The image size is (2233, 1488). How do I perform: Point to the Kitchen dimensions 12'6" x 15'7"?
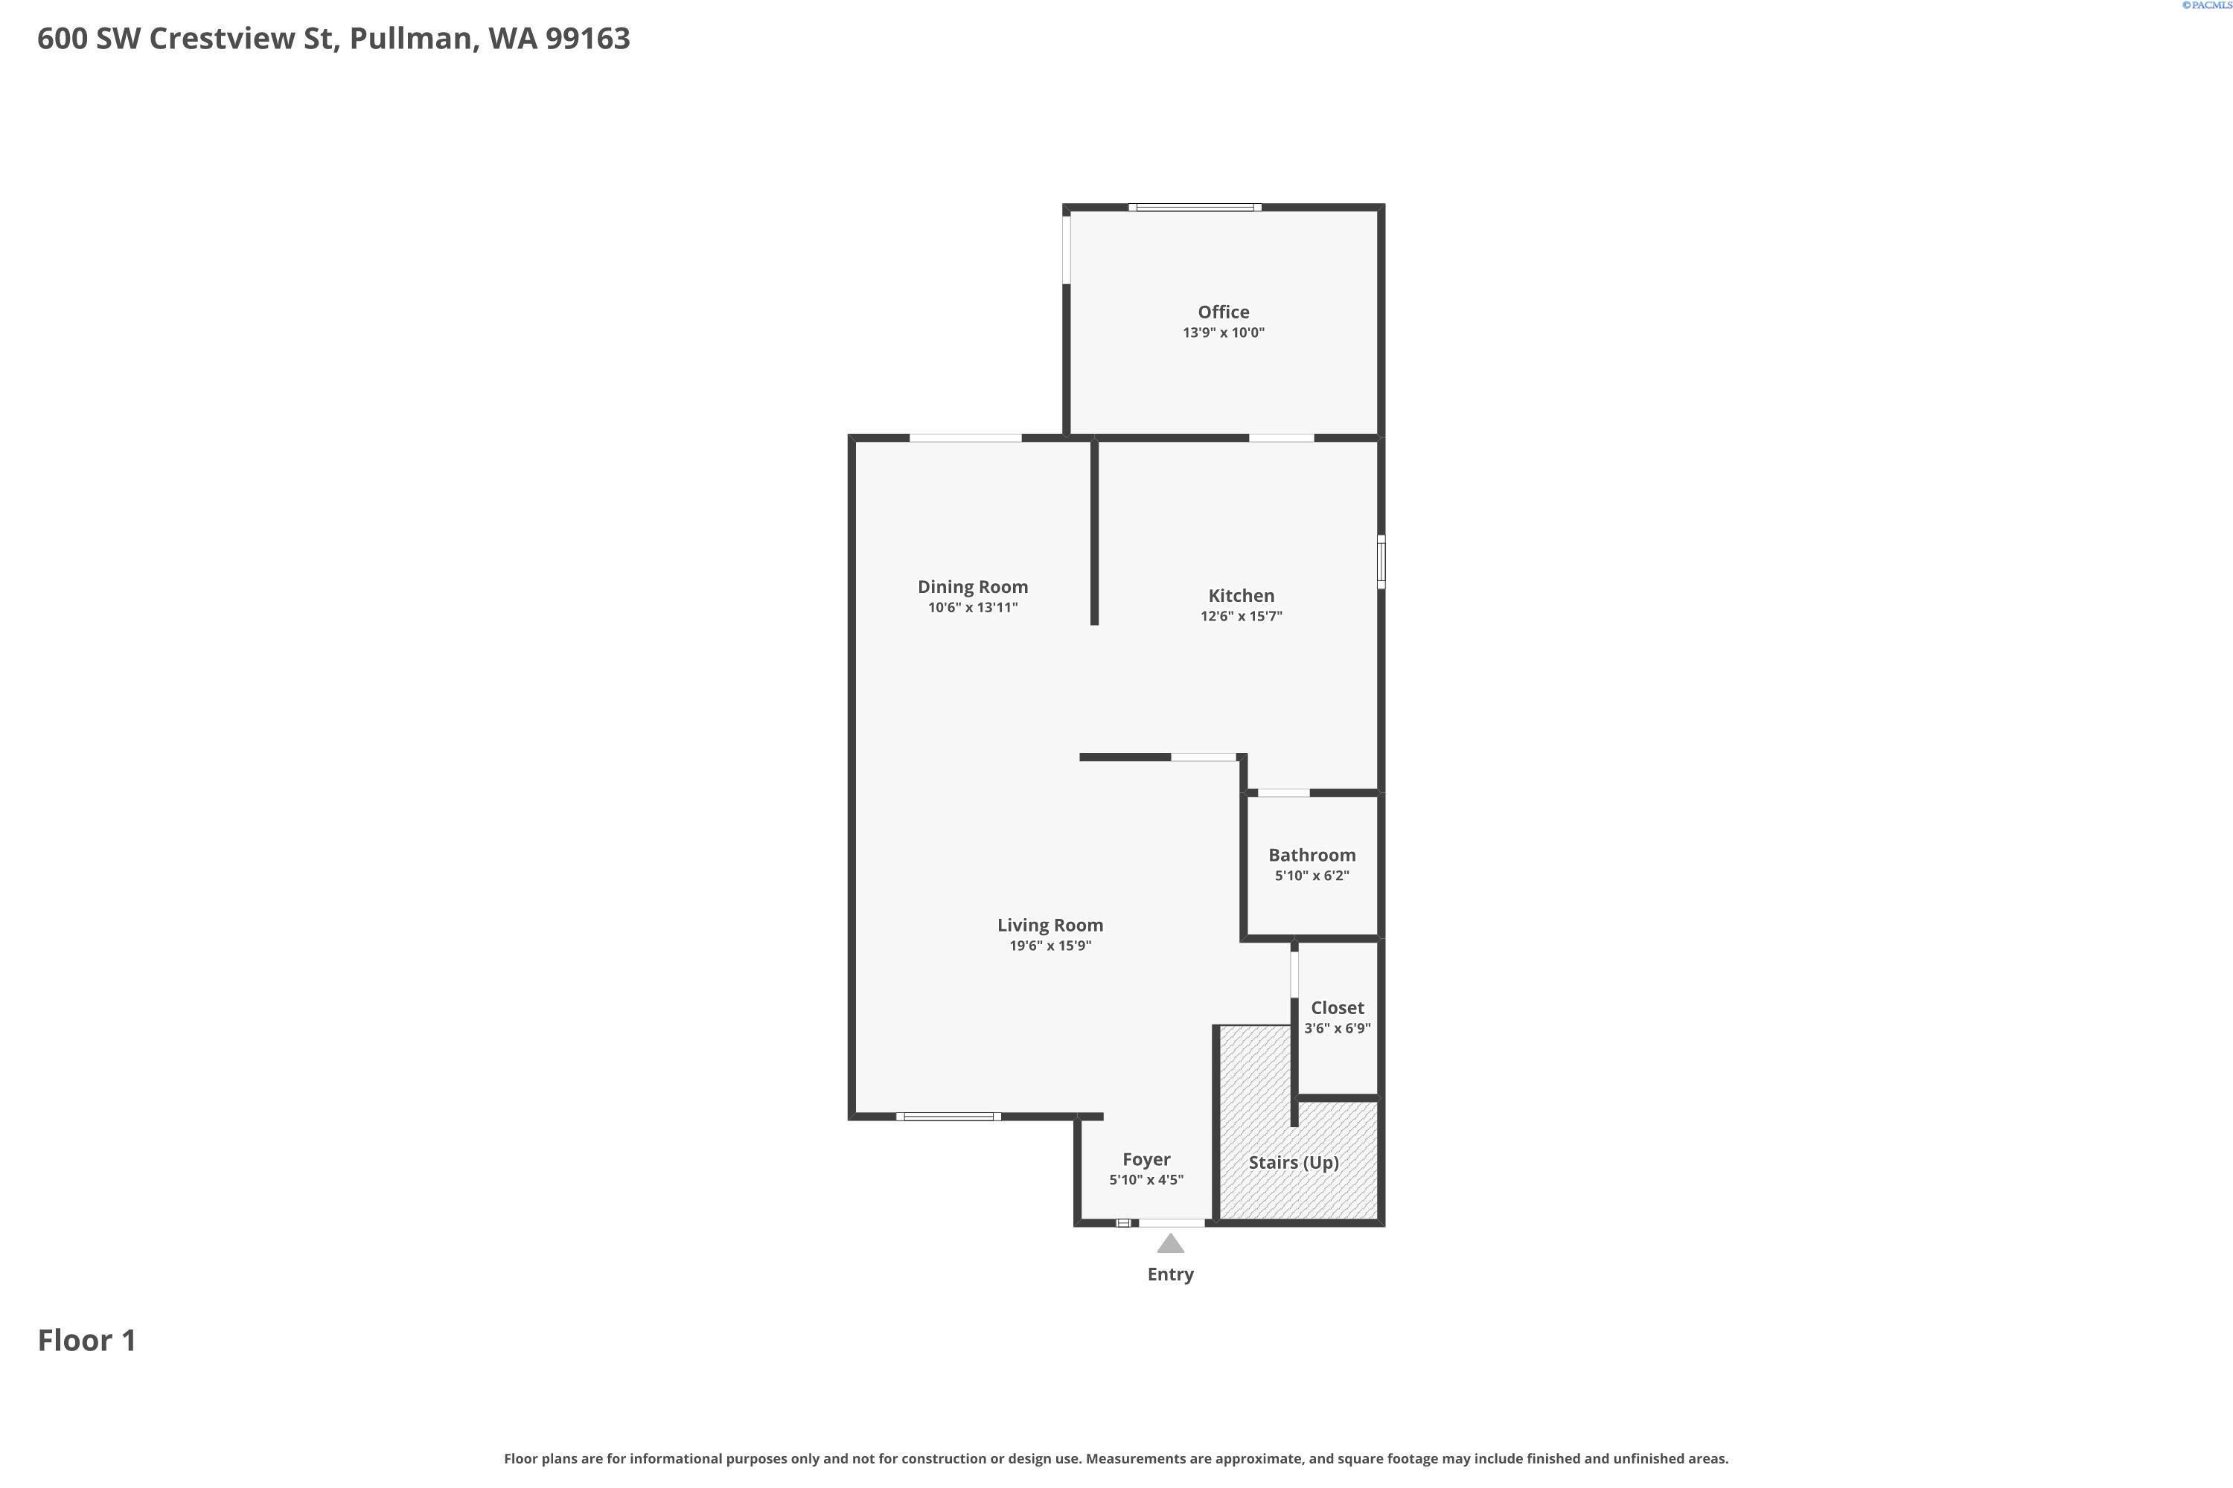(x=1241, y=617)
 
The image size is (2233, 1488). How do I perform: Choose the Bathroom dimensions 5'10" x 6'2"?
(x=1311, y=876)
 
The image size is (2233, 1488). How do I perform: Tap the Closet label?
(x=1337, y=1008)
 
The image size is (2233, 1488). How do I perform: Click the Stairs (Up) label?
(x=1293, y=1162)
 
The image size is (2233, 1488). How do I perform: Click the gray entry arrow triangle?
(x=1169, y=1244)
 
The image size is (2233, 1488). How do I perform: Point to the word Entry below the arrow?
(x=1169, y=1274)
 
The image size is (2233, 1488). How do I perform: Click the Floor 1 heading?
(x=86, y=1341)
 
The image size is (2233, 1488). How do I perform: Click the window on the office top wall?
(x=1195, y=207)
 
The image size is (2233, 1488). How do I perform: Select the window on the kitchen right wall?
(x=1381, y=562)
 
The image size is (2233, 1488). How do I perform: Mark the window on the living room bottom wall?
(x=948, y=1117)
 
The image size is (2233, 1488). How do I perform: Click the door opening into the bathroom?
(x=1282, y=792)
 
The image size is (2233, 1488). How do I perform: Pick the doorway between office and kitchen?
(x=1281, y=437)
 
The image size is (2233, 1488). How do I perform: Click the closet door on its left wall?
(x=1294, y=974)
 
